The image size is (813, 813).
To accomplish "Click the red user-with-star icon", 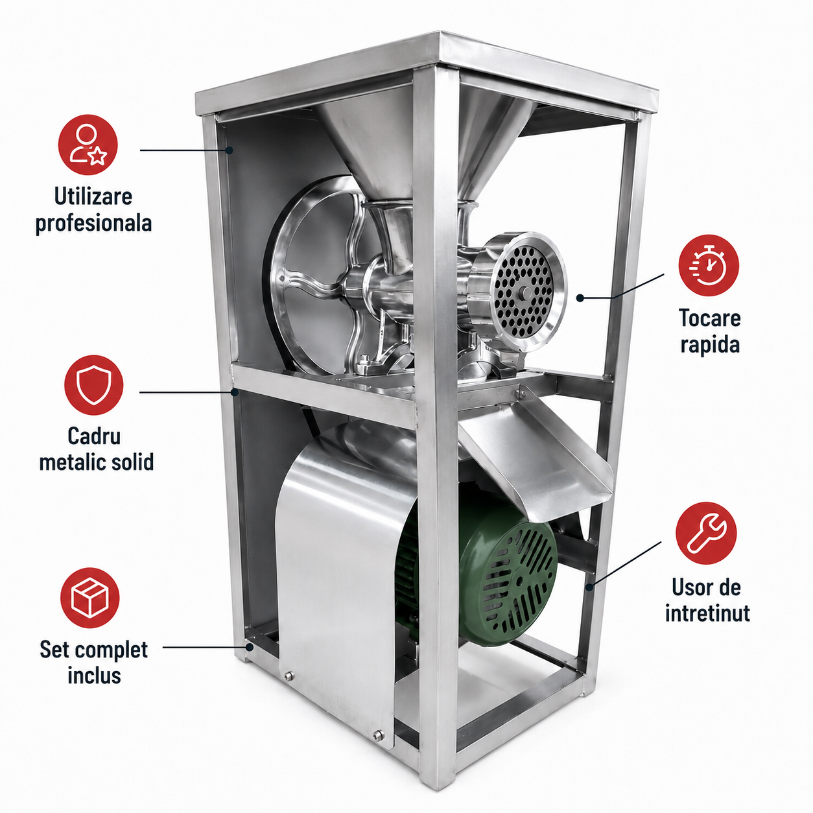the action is tap(88, 145).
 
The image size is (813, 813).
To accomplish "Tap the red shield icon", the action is tap(93, 384).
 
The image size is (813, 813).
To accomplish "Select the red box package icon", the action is tap(90, 598).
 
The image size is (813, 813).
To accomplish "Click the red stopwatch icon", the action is tap(709, 265).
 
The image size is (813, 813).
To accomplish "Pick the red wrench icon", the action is tap(706, 533).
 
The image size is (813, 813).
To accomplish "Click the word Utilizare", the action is tap(93, 196).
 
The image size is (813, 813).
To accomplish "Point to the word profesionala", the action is tap(93, 223).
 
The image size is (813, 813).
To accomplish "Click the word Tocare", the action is tap(710, 318).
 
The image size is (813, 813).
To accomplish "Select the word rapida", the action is tap(710, 344).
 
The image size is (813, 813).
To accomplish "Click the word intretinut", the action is tap(707, 613).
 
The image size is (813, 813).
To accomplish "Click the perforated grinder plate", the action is tap(524, 292).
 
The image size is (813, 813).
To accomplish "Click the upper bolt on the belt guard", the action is tap(289, 688).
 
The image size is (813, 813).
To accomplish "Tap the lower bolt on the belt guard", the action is tap(378, 747).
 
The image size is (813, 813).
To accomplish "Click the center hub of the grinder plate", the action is tap(526, 292).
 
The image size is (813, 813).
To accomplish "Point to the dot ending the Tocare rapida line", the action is tap(580, 298).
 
